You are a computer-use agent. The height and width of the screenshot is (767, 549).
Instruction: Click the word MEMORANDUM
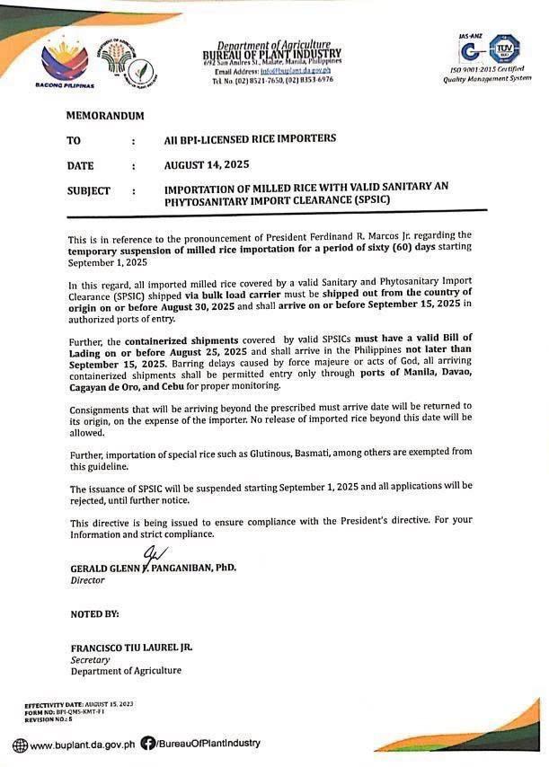coord(104,117)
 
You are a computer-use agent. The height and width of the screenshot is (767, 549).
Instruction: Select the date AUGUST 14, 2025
coord(207,165)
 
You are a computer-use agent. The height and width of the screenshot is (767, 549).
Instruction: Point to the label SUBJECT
coord(88,190)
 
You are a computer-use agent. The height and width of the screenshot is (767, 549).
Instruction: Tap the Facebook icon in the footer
coord(148,744)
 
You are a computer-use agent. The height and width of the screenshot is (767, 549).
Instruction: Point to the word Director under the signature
coord(88,581)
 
